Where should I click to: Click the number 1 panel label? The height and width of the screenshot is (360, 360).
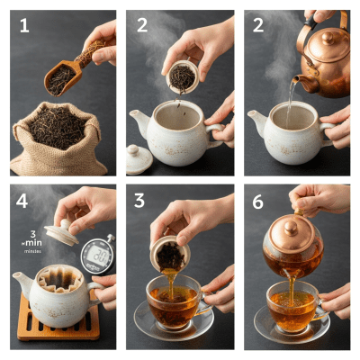coord(24,26)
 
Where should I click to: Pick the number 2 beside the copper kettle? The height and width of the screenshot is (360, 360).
coord(258,26)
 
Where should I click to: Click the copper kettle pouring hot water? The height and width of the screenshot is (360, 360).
coord(325,58)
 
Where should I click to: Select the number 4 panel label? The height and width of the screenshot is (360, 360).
coord(25,203)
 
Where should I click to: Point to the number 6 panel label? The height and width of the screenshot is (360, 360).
coord(258,203)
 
